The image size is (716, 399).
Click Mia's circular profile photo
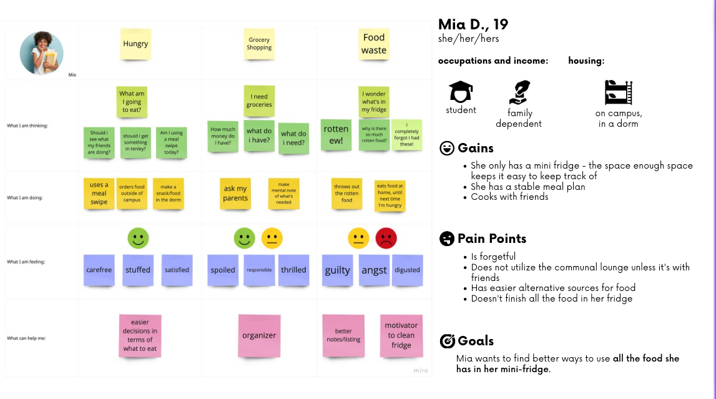41,53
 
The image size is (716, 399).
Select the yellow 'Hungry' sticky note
135,44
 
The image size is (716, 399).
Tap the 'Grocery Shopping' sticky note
259,44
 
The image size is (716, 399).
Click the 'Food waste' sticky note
374,44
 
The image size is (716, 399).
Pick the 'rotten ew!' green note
336,134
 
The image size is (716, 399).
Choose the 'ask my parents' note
235,194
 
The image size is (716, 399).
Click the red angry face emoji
386,239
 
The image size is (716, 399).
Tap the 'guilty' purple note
337,270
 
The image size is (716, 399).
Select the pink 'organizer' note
259,335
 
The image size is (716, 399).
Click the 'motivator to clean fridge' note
401,335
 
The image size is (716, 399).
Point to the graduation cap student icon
461,92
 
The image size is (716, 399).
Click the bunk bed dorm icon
619,92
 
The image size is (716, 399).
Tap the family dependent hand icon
519,92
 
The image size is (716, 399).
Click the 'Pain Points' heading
491,239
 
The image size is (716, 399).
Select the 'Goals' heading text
475,341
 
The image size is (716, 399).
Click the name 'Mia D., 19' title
473,24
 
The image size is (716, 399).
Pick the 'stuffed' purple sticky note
138,270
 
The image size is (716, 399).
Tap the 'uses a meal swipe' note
99,194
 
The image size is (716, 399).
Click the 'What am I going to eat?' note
132,102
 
